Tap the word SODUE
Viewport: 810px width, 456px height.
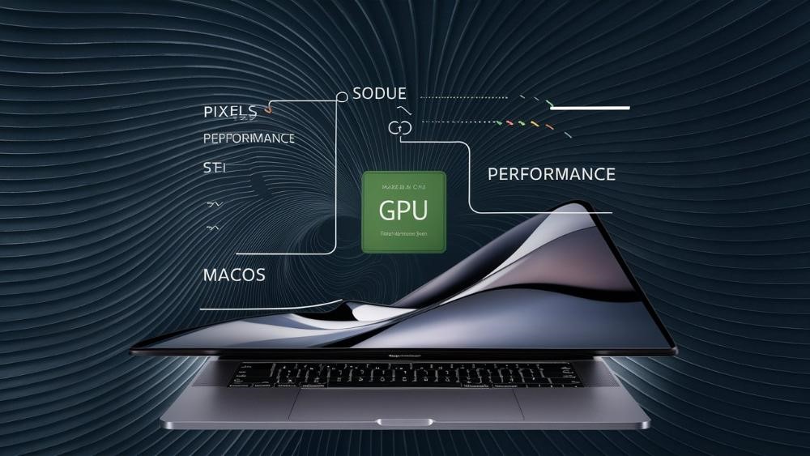(x=380, y=94)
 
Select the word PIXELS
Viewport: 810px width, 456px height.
(x=230, y=111)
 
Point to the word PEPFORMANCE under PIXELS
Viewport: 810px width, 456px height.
(x=249, y=139)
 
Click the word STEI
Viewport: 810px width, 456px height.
(x=215, y=169)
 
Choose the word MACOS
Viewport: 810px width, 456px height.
(x=234, y=275)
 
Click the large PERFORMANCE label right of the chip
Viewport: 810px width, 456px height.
(x=552, y=174)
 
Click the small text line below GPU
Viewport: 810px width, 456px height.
(x=403, y=232)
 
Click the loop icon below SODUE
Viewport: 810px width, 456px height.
(x=397, y=127)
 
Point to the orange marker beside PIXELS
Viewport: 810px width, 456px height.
(x=268, y=108)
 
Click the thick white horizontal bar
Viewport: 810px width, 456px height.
(x=589, y=107)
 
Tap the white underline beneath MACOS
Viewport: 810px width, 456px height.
(x=267, y=308)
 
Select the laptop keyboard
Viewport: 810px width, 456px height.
(x=403, y=375)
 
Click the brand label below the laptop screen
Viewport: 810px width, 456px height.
(x=403, y=356)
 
